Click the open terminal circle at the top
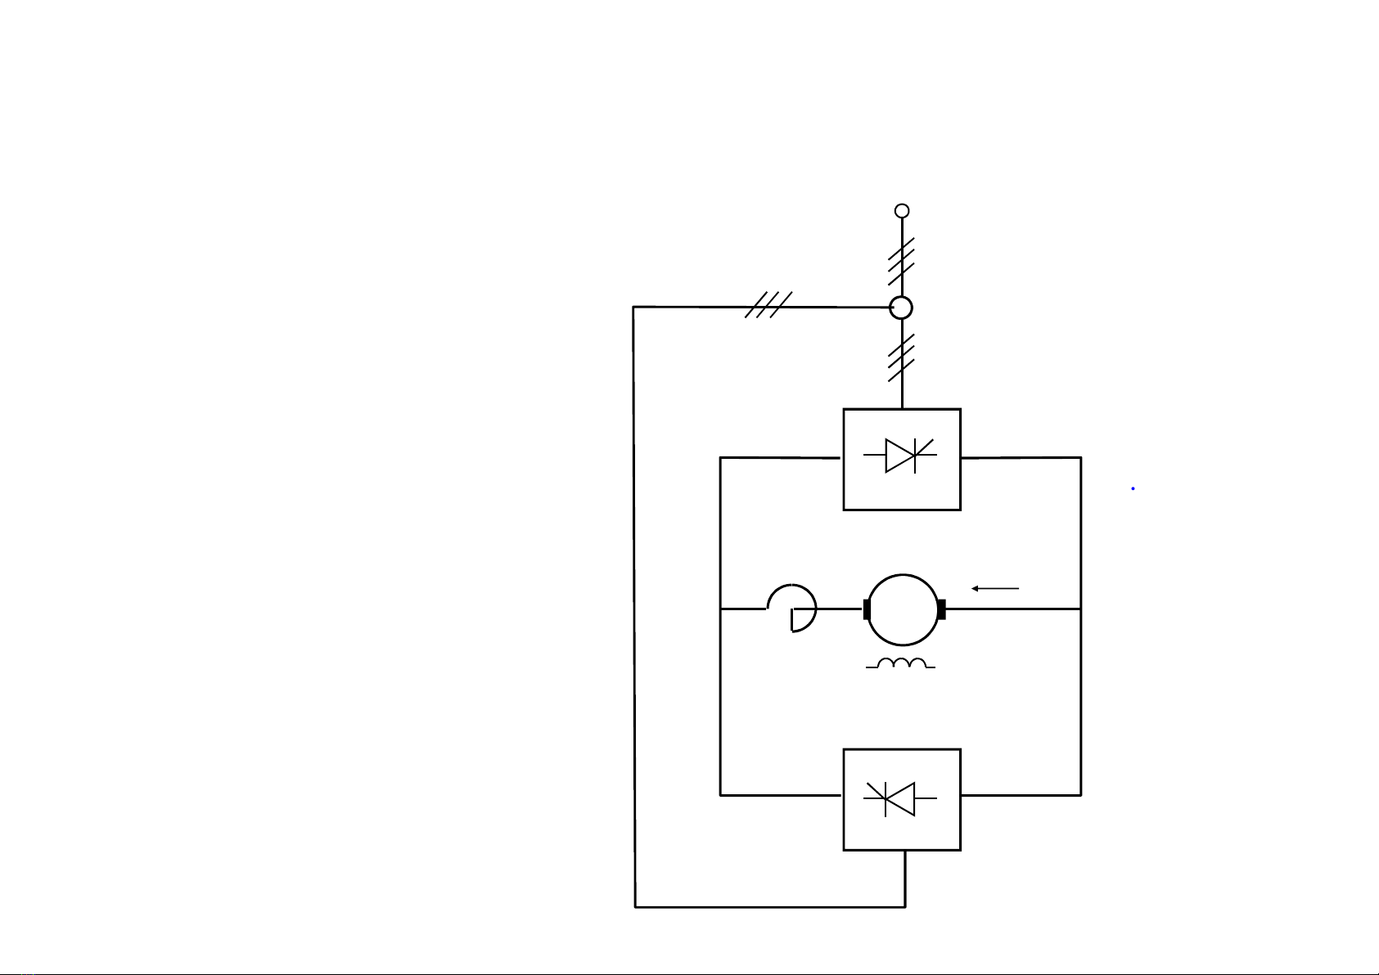(902, 211)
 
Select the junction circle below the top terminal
(901, 308)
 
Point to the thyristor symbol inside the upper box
(901, 456)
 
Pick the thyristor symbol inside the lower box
(901, 798)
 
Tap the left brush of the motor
(866, 609)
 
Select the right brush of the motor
(941, 609)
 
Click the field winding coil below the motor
(901, 664)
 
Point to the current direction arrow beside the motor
(995, 588)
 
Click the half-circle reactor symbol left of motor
(794, 609)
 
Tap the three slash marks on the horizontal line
(768, 305)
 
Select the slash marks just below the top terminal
(901, 260)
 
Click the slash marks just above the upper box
(901, 358)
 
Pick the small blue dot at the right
(1133, 488)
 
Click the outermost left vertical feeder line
(634, 605)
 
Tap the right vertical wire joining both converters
(1081, 626)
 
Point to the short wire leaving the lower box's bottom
(905, 878)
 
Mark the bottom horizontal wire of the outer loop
(769, 906)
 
